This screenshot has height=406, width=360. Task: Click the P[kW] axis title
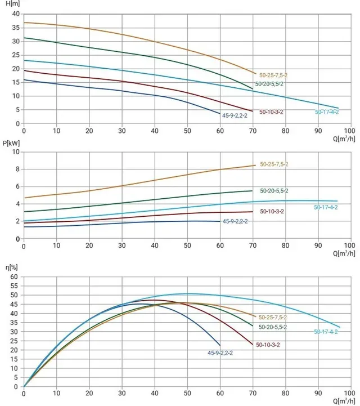11,143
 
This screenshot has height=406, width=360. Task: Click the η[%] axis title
12,267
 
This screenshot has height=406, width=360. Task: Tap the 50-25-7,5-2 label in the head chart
273,75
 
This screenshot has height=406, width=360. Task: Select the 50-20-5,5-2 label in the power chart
274,191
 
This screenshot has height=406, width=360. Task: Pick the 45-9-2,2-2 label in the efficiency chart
220,353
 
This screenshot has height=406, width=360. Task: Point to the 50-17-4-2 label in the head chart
327,112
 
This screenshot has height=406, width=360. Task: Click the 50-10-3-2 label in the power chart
272,212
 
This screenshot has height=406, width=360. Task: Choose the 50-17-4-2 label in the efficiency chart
326,332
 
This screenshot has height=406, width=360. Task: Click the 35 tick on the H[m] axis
16,28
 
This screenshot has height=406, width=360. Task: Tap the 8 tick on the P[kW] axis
17,169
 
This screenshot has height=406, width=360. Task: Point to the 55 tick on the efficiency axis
15,286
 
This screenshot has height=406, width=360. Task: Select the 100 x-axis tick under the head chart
350,131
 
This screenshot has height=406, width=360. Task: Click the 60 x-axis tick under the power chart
220,246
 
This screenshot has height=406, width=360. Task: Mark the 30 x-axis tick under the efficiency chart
122,393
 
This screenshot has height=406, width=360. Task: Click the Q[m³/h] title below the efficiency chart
344,401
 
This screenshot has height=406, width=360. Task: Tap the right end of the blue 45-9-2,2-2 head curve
220,113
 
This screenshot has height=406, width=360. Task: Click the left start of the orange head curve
24,23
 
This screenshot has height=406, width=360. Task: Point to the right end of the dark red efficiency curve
253,345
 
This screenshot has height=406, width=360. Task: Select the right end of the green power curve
252,191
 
